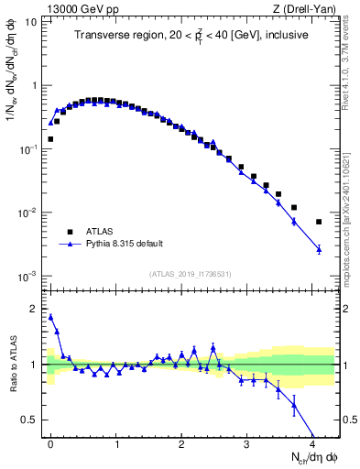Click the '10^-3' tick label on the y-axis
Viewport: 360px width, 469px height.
coord(29,276)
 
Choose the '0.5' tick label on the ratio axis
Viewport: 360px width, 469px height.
coord(30,420)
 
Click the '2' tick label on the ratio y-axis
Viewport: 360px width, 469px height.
coord(35,309)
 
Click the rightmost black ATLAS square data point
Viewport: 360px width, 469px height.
coord(319,222)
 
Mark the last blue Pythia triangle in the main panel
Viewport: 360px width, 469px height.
coord(319,249)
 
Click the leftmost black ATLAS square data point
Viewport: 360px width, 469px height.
coord(50,139)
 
